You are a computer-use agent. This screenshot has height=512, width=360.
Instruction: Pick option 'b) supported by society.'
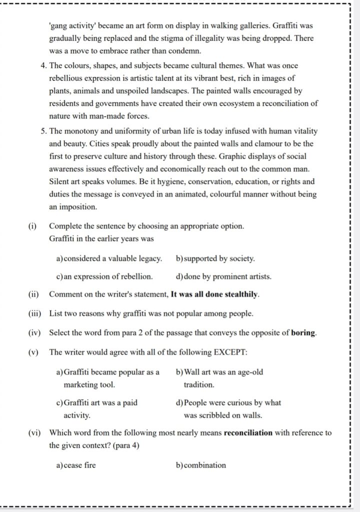pyautogui.click(x=215, y=259)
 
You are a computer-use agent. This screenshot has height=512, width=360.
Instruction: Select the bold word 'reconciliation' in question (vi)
pyautogui.click(x=248, y=433)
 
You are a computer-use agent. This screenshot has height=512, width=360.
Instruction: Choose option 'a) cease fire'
pyautogui.click(x=76, y=465)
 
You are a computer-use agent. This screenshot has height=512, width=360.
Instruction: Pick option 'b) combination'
pyautogui.click(x=201, y=465)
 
